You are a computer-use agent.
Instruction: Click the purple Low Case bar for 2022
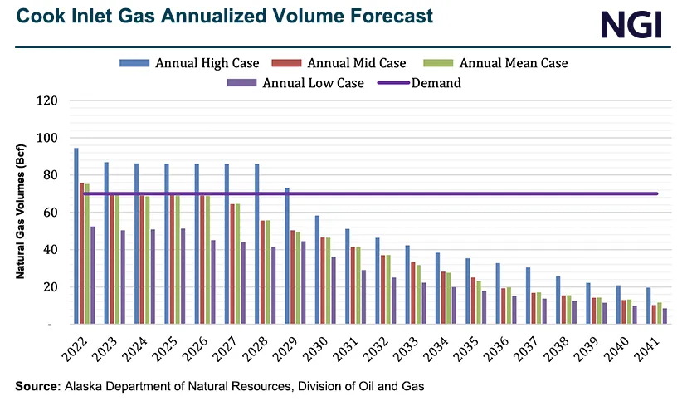tap(92, 275)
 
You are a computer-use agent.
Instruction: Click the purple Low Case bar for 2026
tap(213, 281)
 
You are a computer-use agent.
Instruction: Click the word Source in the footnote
tap(37, 386)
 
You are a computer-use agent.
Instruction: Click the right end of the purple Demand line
tap(657, 193)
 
